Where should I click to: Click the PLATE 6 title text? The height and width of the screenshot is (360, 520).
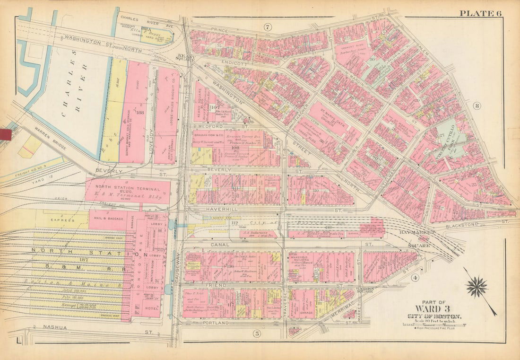pyautogui.click(x=480, y=13)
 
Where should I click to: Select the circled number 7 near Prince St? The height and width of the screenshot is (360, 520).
pyautogui.click(x=267, y=27)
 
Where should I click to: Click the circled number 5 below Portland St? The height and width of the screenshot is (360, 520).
pyautogui.click(x=257, y=334)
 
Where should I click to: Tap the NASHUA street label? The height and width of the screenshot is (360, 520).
pyautogui.click(x=52, y=326)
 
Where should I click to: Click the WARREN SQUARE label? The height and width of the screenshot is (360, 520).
pyautogui.click(x=365, y=290)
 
